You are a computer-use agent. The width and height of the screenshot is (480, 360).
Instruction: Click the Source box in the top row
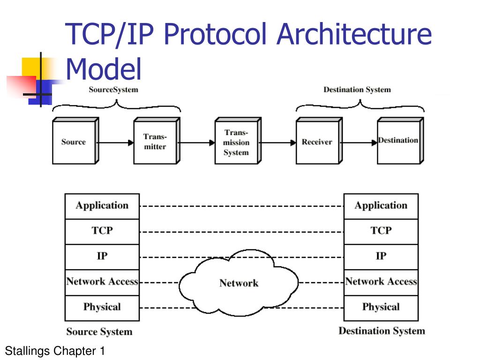coord(74,142)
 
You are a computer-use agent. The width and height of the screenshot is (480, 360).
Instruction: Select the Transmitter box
coord(155,142)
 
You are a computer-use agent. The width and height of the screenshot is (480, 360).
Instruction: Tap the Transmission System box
coord(236,142)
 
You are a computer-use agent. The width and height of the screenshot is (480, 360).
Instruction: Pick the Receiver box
coord(317,142)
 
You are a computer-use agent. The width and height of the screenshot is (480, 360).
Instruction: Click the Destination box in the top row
coord(398,141)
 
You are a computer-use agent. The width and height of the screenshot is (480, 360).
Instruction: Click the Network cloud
coord(239,283)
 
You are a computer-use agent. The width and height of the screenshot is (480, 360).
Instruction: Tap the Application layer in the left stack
coord(102,206)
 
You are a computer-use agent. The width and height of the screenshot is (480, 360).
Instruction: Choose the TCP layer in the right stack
coord(381,231)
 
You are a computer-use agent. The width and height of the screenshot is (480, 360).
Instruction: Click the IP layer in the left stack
coord(102,256)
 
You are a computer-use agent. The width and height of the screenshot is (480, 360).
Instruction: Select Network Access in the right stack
coord(381,282)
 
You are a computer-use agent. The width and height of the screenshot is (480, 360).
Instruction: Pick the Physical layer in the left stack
coord(102,307)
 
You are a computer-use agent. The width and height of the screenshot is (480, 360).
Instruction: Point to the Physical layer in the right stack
coord(381,307)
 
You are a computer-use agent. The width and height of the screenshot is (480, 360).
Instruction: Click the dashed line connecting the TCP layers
coord(241,232)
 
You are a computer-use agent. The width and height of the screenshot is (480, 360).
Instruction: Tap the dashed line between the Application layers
coord(241,206)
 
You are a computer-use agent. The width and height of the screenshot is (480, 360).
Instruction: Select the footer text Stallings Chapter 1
coord(55,350)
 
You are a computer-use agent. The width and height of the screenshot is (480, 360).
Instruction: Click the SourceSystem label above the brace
coord(113,90)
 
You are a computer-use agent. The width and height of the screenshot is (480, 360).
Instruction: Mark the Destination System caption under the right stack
coord(382,331)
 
